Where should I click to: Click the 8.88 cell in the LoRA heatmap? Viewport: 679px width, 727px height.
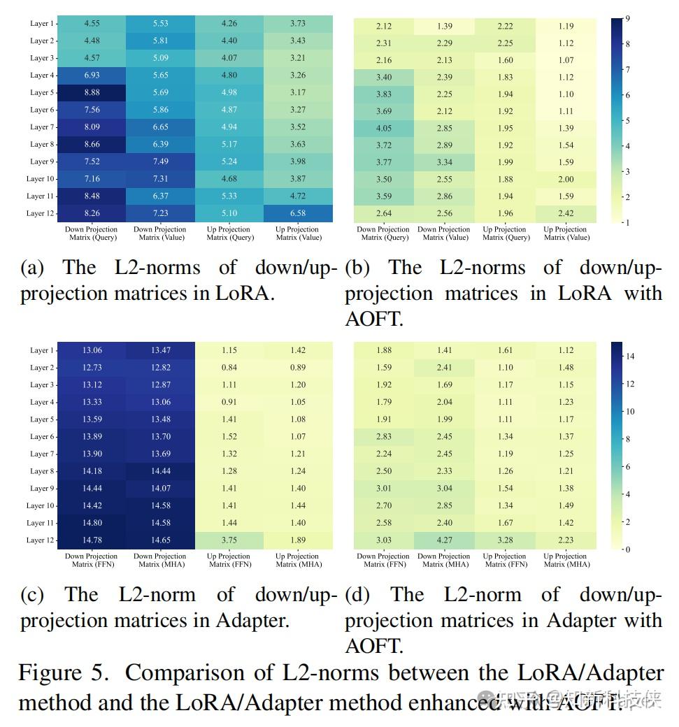pos(92,92)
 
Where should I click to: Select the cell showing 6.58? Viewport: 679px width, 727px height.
pos(299,213)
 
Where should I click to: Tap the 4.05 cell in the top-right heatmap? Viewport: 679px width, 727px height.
pos(383,128)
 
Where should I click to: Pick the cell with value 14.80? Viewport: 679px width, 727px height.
pos(92,523)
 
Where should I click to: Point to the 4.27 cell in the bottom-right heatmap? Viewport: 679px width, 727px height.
pos(444,540)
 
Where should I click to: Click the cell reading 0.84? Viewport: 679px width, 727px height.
pos(229,368)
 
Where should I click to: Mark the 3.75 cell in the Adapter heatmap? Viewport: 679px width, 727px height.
pos(229,540)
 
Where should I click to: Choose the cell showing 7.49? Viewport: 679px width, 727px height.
pos(160,161)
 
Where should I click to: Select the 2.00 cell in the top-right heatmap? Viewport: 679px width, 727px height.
pos(566,179)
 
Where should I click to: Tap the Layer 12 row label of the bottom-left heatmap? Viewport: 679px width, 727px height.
pos(41,540)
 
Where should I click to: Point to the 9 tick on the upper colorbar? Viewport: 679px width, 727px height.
pos(627,19)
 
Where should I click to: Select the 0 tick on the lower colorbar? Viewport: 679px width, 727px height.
pos(627,549)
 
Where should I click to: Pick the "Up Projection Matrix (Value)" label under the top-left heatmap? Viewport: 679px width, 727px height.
pos(299,233)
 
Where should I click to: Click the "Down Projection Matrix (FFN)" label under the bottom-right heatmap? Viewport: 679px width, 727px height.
pos(383,560)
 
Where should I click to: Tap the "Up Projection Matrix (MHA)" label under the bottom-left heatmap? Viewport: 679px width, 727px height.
pos(299,560)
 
